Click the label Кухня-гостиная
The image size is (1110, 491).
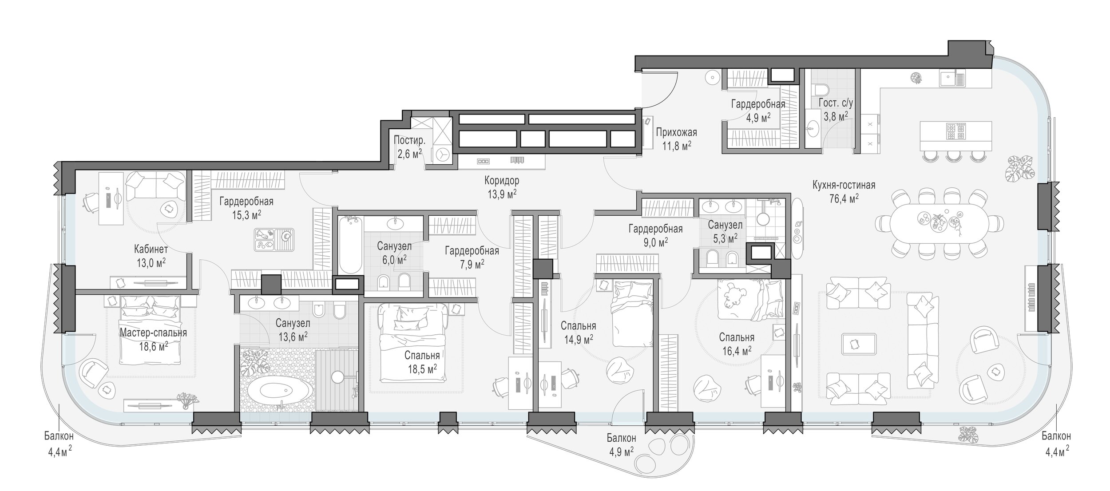point(844,185)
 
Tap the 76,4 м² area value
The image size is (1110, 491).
point(844,198)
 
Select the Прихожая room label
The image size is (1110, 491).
point(676,132)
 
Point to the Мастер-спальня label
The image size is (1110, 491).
point(153,333)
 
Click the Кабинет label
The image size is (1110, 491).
point(151,249)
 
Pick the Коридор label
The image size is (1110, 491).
point(502,181)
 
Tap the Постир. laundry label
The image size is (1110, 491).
point(409,141)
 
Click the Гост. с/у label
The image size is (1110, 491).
point(836,103)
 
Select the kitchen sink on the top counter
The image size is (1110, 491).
point(952,79)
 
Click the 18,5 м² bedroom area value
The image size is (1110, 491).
point(422,369)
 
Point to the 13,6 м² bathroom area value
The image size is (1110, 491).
point(293,337)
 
